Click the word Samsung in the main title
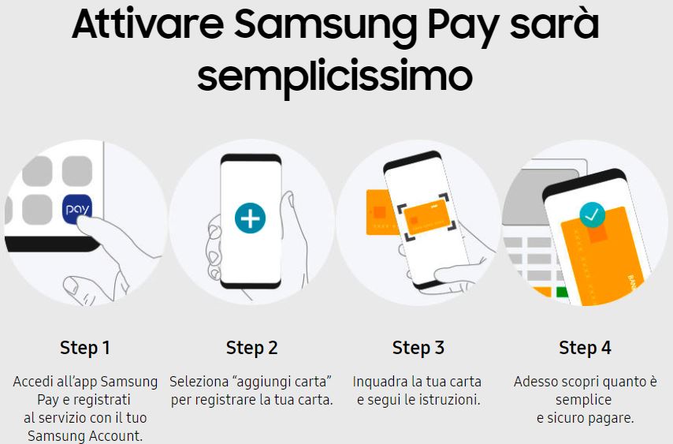[325, 26]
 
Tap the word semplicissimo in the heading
[335, 76]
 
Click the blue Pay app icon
[77, 209]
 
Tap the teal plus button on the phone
[251, 218]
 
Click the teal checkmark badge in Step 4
[592, 215]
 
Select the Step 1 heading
[85, 348]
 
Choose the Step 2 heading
[252, 348]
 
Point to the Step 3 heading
[418, 348]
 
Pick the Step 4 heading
[585, 348]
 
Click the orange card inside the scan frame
[427, 216]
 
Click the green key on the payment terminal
[562, 293]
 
